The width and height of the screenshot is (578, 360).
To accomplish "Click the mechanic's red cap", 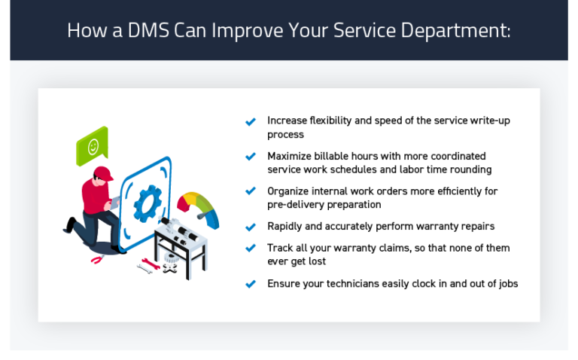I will (103, 175).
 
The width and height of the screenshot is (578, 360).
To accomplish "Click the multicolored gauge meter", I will (199, 208).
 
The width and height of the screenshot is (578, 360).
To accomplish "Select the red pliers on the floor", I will (97, 260).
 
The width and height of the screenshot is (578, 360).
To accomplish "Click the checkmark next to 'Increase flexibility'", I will (251, 121).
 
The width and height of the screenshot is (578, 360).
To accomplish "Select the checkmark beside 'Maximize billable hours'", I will (251, 157).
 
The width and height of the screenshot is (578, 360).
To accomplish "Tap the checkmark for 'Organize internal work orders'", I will (251, 192).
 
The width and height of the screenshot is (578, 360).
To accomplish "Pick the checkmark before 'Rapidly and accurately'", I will (251, 227).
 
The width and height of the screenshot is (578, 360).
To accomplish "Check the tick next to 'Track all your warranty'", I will (251, 249).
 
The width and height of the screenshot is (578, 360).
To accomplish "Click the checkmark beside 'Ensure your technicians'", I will (251, 284).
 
